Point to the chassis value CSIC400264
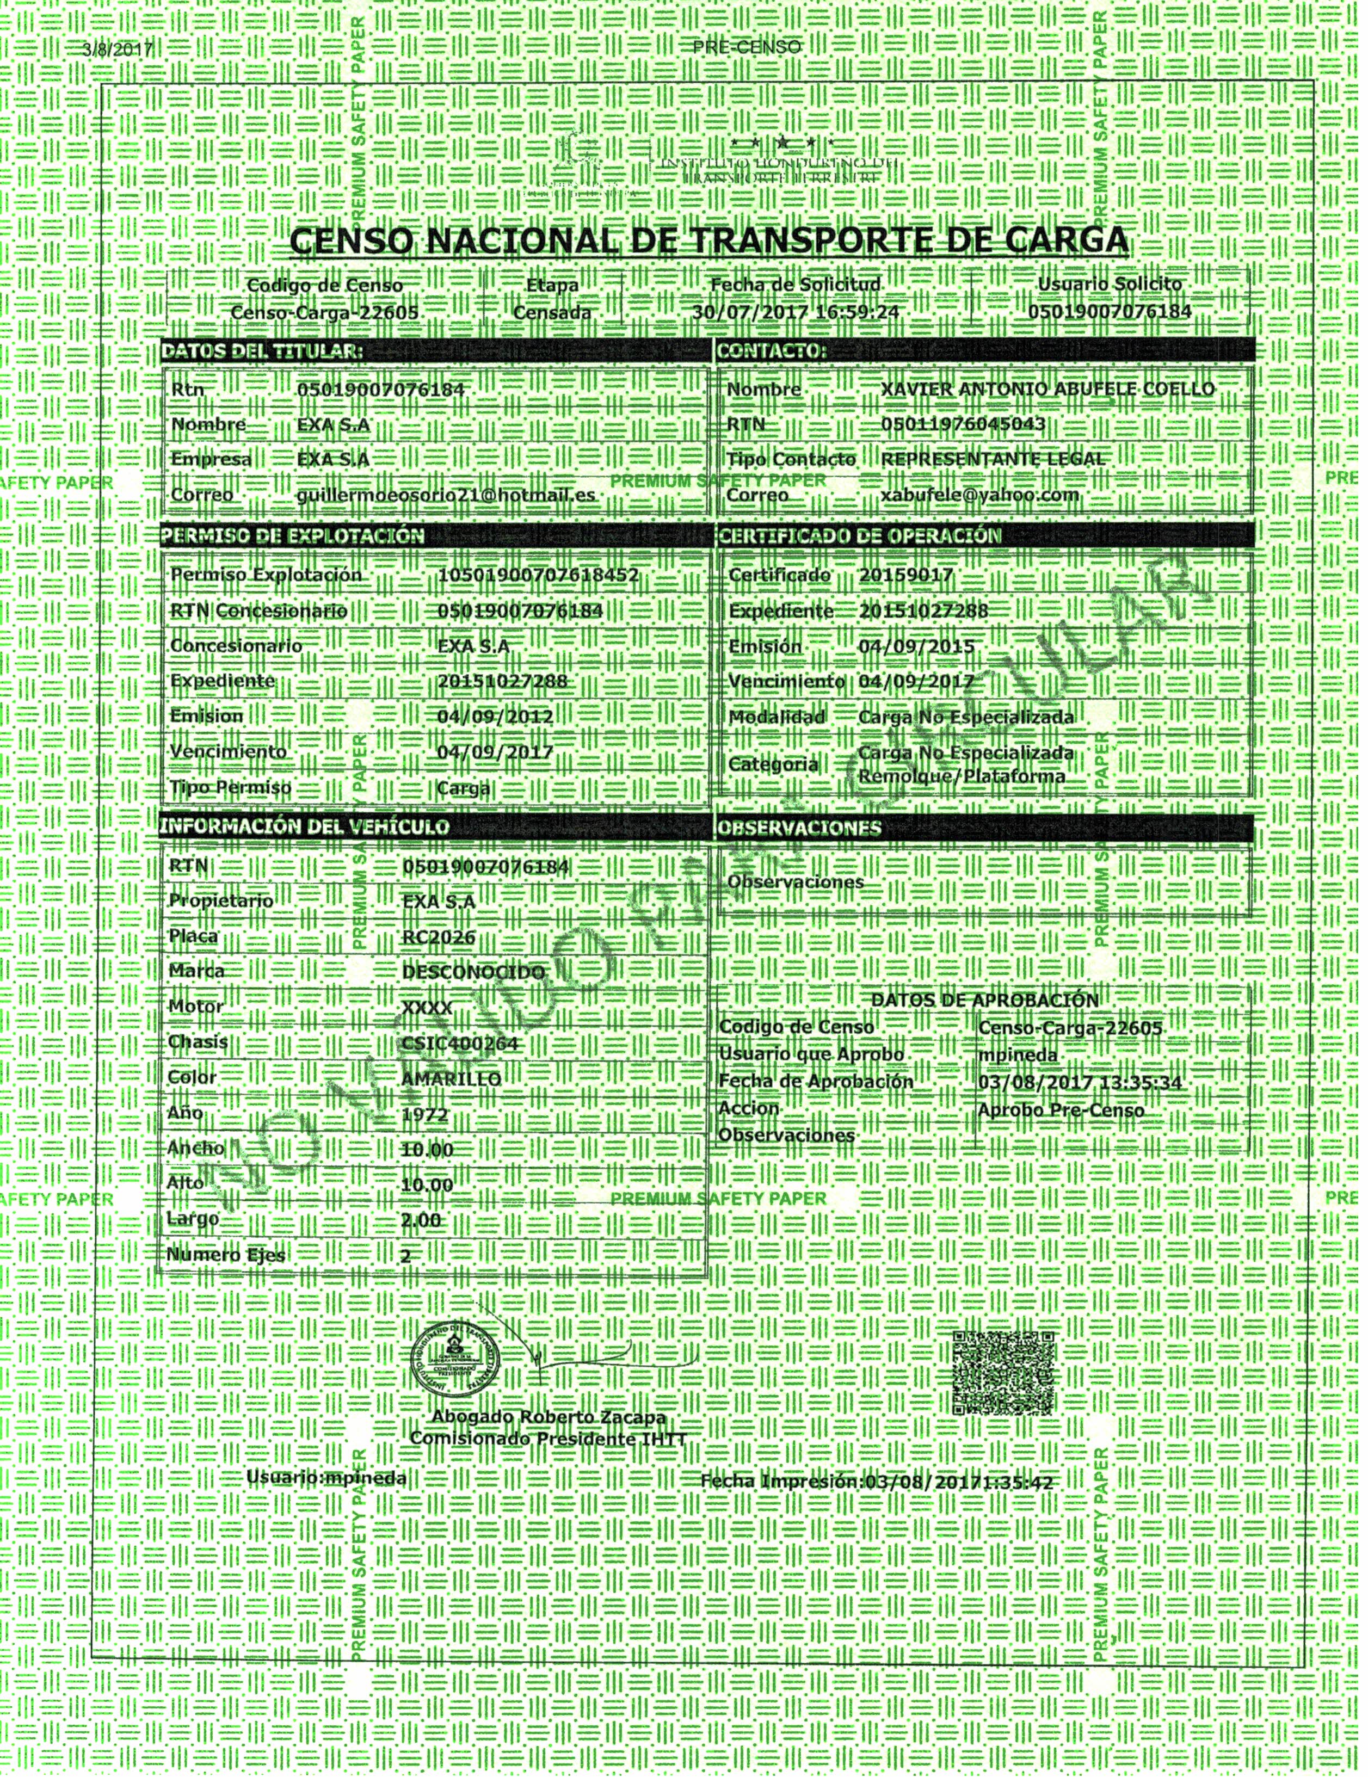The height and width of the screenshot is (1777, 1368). [x=460, y=1043]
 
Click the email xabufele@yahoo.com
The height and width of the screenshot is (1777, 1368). [x=980, y=494]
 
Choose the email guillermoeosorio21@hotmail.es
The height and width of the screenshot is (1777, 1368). [x=447, y=495]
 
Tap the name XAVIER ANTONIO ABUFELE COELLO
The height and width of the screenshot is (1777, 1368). [x=1047, y=389]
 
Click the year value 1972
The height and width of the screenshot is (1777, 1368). [x=425, y=1114]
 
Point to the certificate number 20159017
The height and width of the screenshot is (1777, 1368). [x=905, y=575]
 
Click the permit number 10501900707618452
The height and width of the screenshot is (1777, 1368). [x=538, y=575]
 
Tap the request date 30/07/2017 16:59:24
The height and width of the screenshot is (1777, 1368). [x=796, y=312]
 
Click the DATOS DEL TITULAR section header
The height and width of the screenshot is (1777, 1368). [x=262, y=351]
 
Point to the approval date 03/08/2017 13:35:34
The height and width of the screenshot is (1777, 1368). [x=1080, y=1082]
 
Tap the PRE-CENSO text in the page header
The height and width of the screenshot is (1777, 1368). [x=746, y=47]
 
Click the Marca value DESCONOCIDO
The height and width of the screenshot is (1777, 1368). [x=473, y=972]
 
